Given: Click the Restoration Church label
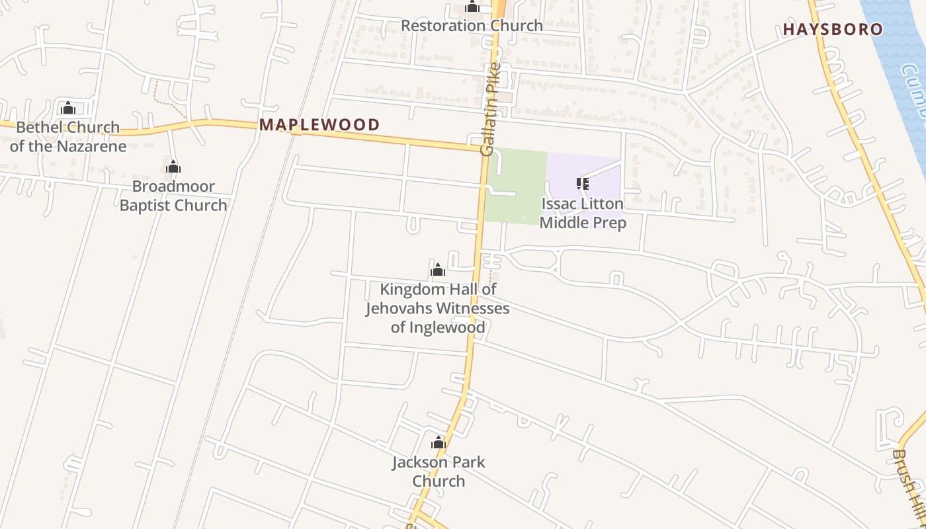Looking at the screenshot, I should pyautogui.click(x=472, y=26).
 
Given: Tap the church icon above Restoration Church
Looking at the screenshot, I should pyautogui.click(x=472, y=7).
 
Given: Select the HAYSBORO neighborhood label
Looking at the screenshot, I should pyautogui.click(x=833, y=29).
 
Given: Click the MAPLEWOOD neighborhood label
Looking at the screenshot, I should pyautogui.click(x=319, y=124).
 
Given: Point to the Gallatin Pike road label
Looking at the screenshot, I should pyautogui.click(x=489, y=110).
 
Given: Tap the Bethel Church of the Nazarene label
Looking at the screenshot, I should pyautogui.click(x=67, y=136).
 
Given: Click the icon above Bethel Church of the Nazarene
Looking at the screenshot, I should pyautogui.click(x=67, y=108).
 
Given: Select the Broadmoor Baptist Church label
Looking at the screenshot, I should pyautogui.click(x=173, y=196).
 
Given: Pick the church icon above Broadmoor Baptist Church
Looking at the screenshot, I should pyautogui.click(x=173, y=167).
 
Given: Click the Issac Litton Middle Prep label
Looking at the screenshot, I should pyautogui.click(x=583, y=213).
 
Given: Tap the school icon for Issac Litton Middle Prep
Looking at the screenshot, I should pyautogui.click(x=582, y=184).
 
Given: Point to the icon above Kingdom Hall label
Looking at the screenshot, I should pyautogui.click(x=437, y=270).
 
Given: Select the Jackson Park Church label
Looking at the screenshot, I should pyautogui.click(x=439, y=471).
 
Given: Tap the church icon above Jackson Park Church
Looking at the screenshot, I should pyautogui.click(x=438, y=443).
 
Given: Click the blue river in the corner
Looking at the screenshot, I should pyautogui.click(x=900, y=46).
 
